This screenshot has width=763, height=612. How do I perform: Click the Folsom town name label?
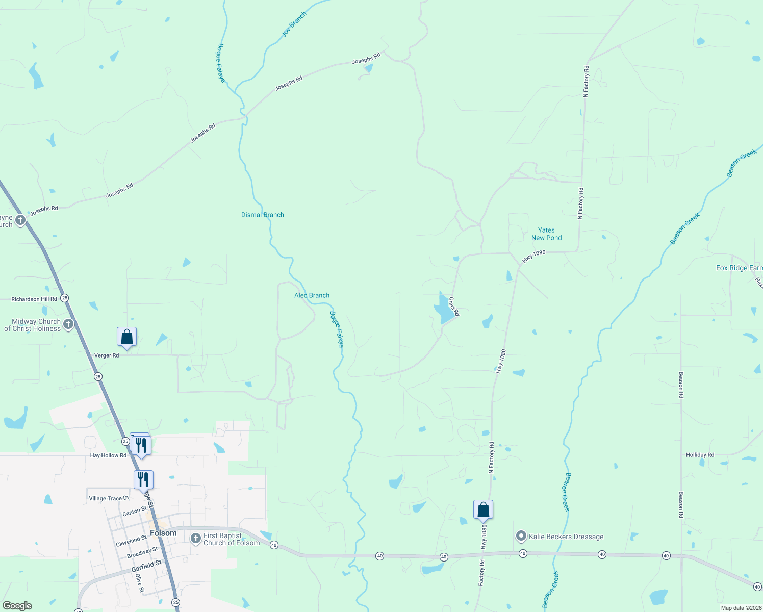(163, 533)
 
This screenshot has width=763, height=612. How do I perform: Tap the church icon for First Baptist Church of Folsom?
(196, 539)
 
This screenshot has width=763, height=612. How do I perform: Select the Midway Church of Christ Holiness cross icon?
(68, 324)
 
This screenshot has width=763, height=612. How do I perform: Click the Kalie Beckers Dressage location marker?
(521, 536)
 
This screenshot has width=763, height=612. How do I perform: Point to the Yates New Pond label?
(546, 234)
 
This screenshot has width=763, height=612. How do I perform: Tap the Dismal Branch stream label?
(262, 215)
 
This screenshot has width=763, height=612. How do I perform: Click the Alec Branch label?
(312, 295)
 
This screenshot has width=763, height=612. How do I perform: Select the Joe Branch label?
(294, 24)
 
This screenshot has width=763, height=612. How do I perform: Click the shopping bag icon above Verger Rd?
(126, 337)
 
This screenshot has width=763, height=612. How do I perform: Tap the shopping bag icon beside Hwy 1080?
(483, 509)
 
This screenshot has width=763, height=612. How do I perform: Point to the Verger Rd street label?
(107, 355)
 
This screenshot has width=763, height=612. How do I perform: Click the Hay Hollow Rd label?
(108, 455)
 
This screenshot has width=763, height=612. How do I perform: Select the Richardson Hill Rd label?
(34, 299)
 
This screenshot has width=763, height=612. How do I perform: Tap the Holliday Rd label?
(700, 455)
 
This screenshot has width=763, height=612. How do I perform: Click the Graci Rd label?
(454, 306)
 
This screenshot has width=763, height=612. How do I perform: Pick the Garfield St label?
(146, 566)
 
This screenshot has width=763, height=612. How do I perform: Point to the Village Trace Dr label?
(109, 498)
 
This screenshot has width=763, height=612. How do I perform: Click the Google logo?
(17, 606)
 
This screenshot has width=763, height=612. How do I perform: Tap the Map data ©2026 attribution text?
(740, 608)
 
